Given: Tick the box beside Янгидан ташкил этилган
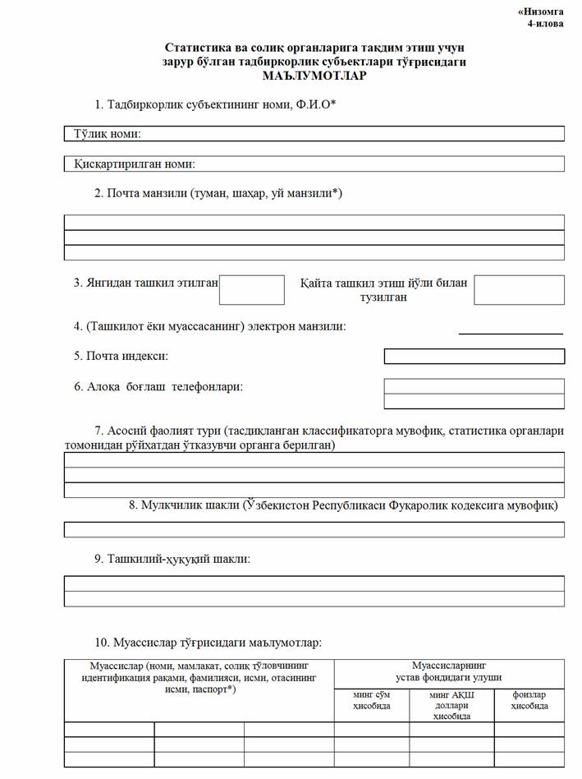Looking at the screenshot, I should point(252,290).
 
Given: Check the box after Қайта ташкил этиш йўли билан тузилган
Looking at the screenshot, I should point(519,290).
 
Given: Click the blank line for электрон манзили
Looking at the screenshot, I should point(511,329).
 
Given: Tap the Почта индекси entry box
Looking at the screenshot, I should point(474,357).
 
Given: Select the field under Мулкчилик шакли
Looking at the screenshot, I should point(314,529).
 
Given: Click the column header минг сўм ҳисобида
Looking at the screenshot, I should point(372,700).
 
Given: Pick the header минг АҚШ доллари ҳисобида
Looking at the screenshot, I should point(451,705).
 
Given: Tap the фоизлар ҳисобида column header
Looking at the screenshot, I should point(529,700).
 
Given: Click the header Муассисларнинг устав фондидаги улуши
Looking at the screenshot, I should point(449,671).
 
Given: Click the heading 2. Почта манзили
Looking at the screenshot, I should point(218,194).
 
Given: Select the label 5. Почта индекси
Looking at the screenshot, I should point(121,357).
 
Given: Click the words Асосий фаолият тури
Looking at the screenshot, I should point(154,430).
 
